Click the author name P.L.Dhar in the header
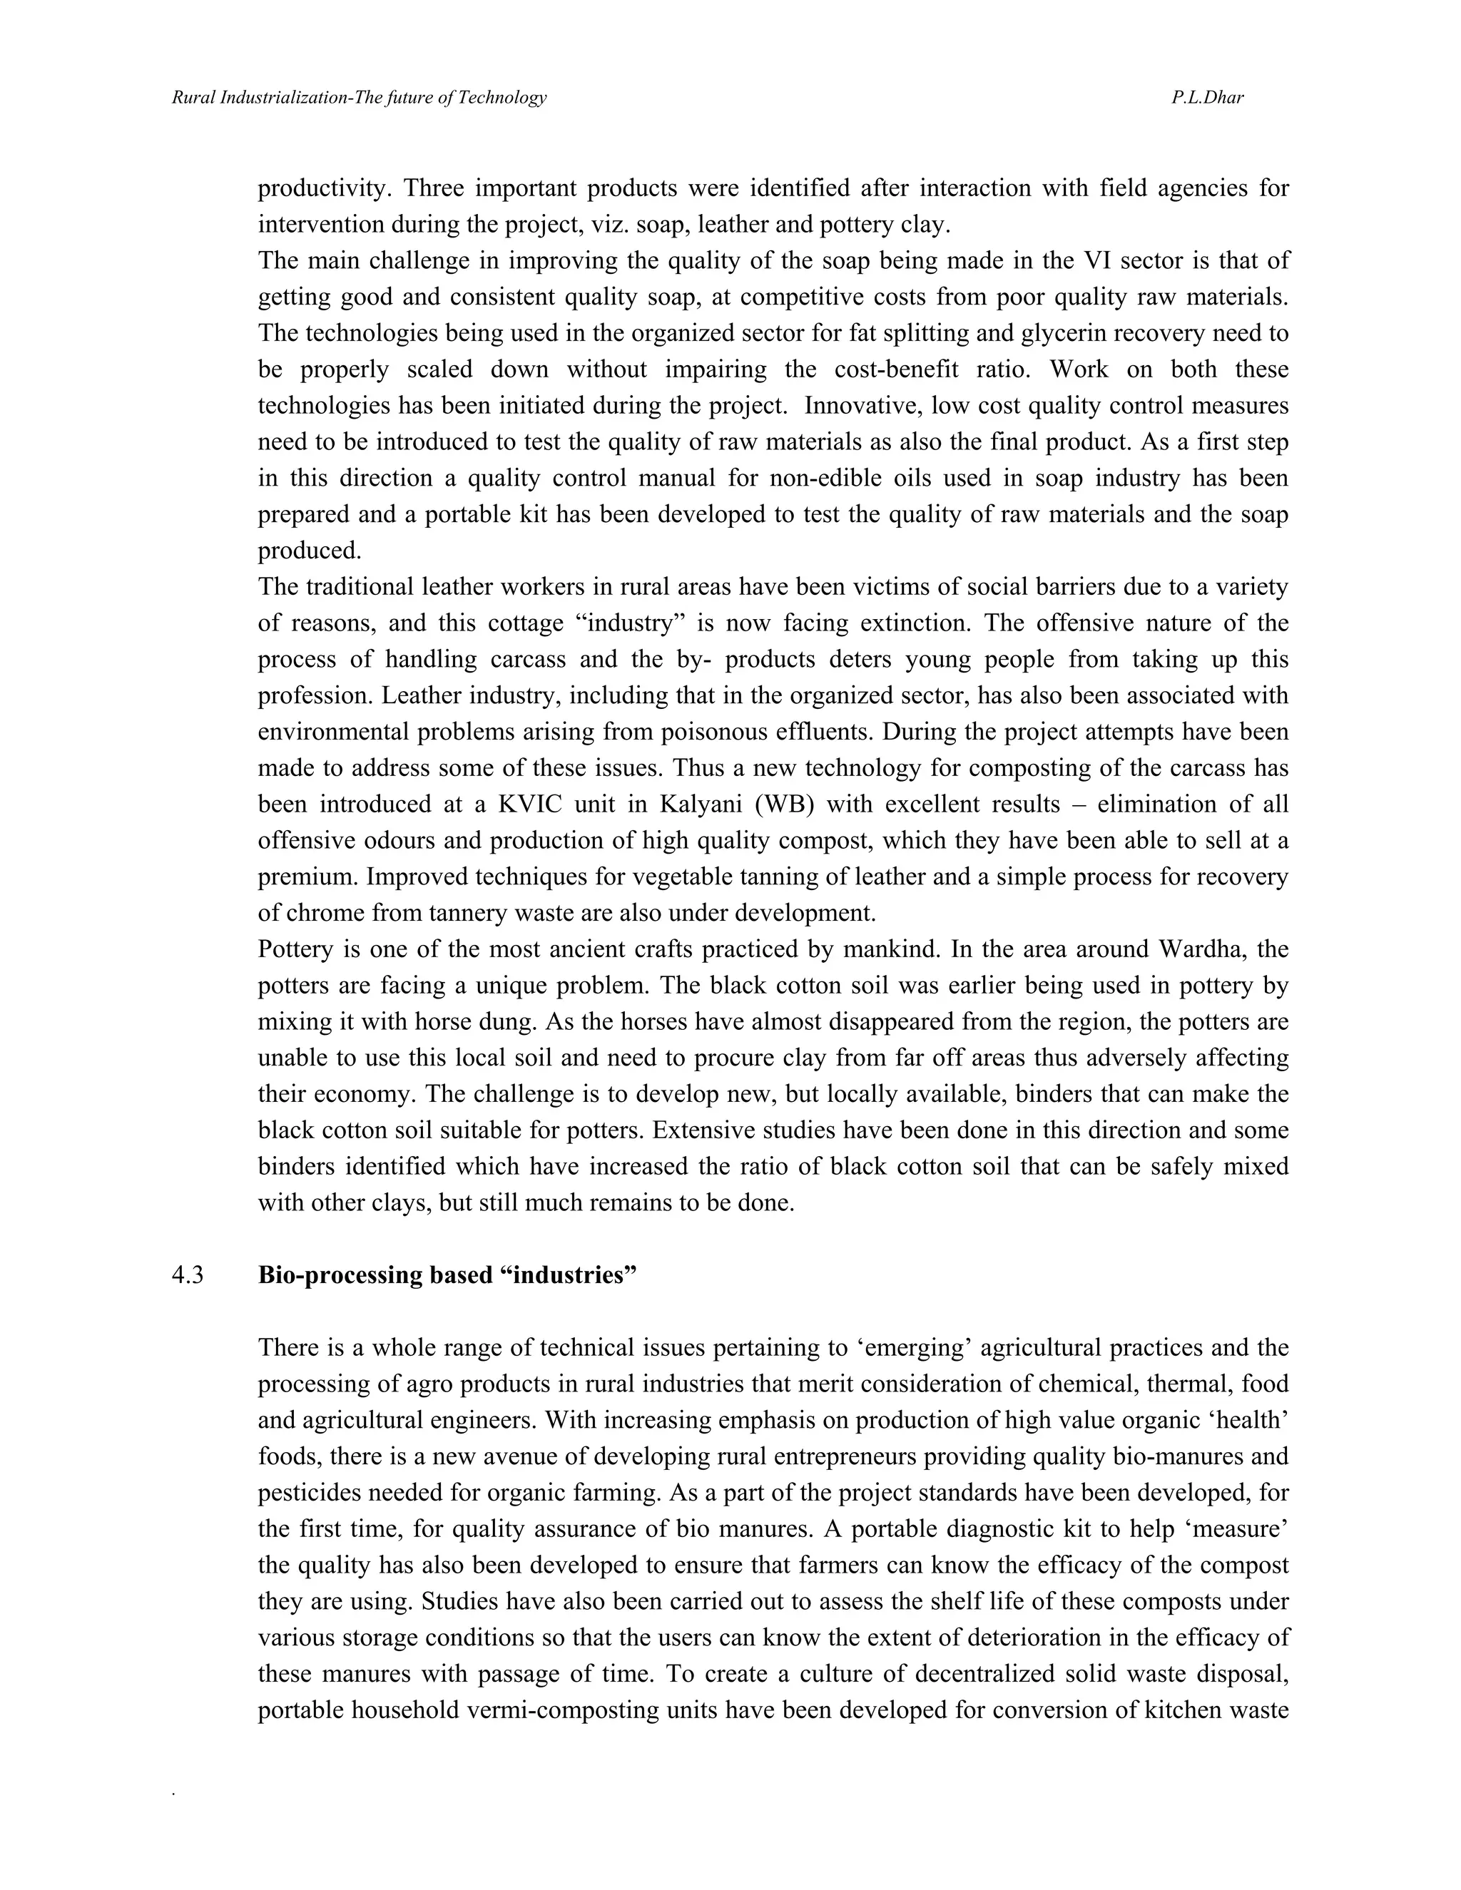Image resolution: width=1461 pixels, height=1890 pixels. (1208, 98)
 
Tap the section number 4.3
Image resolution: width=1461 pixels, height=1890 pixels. (188, 1276)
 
